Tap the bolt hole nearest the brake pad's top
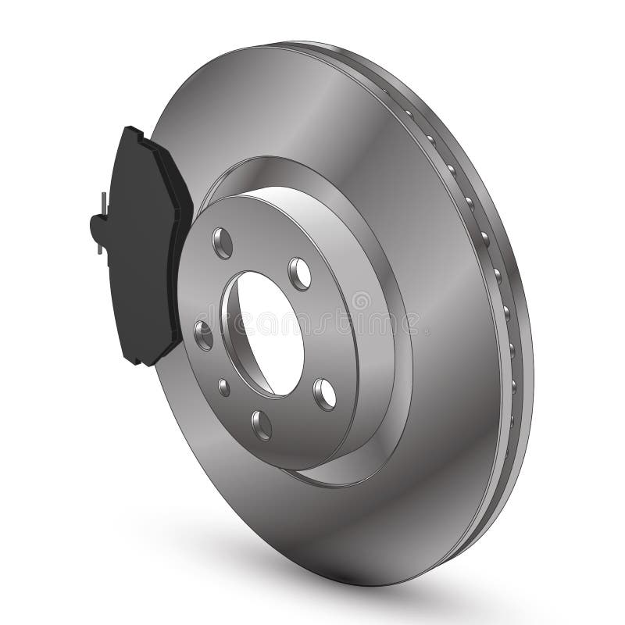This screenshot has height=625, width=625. pos(223,243)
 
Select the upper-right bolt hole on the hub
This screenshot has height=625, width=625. pos(299,273)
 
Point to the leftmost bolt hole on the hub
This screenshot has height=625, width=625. pos(203,334)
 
